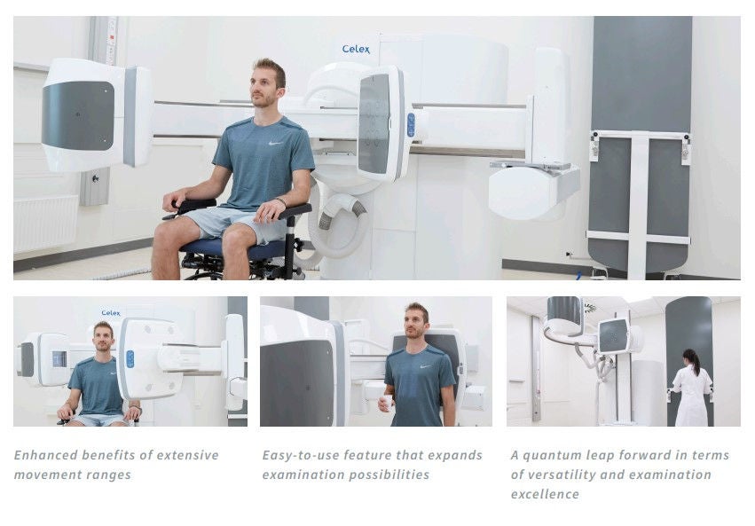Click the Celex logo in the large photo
click(x=356, y=49)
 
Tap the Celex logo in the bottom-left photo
click(x=111, y=313)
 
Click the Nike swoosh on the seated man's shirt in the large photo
click(x=275, y=143)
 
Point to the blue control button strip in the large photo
click(x=411, y=125)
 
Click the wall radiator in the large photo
click(x=46, y=224)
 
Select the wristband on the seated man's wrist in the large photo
click(x=281, y=201)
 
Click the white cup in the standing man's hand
click(x=388, y=403)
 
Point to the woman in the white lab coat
click(x=691, y=389)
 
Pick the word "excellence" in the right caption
click(x=545, y=494)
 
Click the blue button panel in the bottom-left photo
click(x=130, y=359)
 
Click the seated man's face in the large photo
click(x=263, y=89)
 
